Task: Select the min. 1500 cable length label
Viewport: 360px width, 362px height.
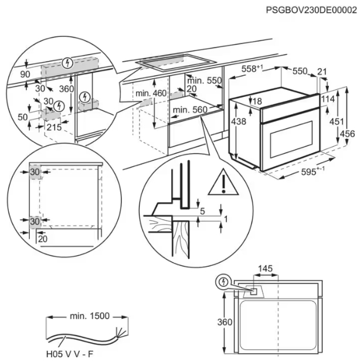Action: [89, 316]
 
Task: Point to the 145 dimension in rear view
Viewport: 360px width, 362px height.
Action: [265, 269]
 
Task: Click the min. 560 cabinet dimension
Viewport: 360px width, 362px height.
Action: [190, 110]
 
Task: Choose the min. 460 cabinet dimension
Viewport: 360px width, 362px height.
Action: [151, 93]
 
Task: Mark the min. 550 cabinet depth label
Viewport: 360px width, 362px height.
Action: [206, 80]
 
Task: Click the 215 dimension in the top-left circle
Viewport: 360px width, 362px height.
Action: [55, 127]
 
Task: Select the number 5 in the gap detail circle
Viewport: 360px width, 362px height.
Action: [202, 211]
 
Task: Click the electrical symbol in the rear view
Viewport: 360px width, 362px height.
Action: [223, 282]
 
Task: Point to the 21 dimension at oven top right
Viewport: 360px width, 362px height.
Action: [321, 71]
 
